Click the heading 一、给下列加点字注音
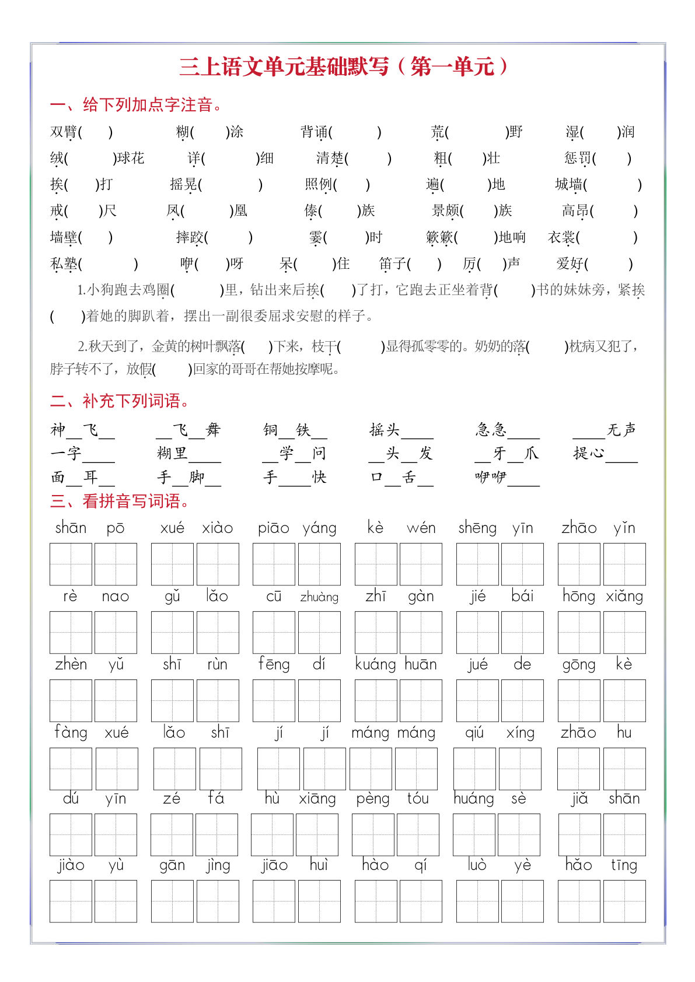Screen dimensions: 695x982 [136, 105]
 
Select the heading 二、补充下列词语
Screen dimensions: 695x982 [120, 401]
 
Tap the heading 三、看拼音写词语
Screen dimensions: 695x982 [120, 501]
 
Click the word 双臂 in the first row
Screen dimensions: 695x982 [64, 132]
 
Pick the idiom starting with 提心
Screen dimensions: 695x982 [605, 454]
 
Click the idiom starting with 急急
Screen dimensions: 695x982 [507, 430]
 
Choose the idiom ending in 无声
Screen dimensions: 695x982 [604, 430]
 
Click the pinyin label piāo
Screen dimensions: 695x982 [273, 528]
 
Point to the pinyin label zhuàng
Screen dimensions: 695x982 [319, 597]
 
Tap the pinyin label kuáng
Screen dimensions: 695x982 [375, 664]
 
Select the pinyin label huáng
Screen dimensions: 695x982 [474, 798]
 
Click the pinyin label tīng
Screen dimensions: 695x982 [624, 865]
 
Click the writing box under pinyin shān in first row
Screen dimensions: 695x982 [71, 564]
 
